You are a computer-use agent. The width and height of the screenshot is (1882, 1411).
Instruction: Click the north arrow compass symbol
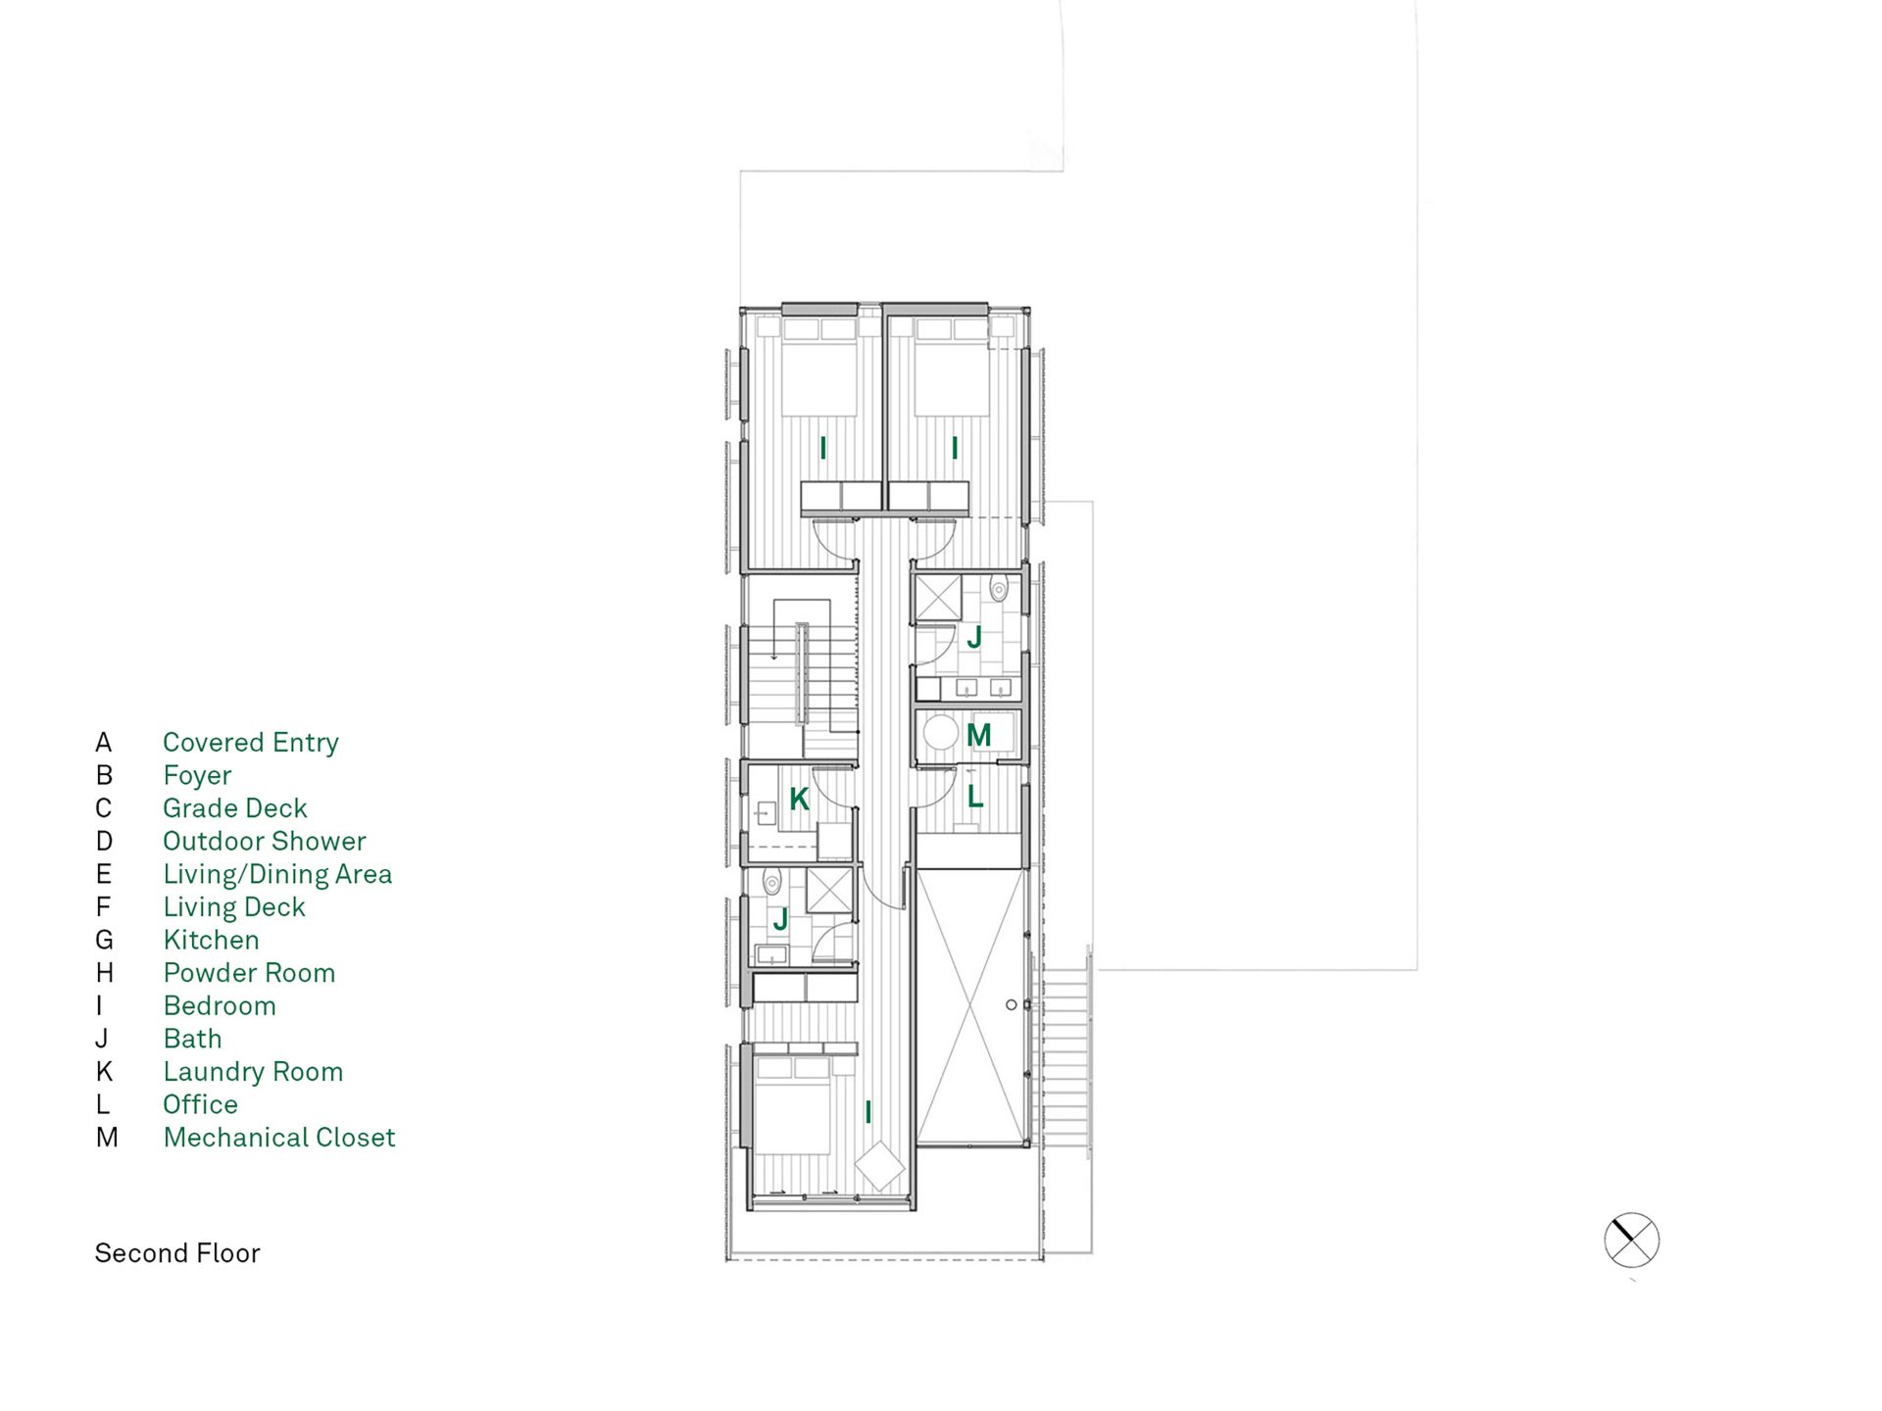click(x=1631, y=1241)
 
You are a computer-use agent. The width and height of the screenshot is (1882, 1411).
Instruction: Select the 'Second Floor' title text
click(x=177, y=1253)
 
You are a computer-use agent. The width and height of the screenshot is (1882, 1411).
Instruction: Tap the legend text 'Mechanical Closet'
click(x=279, y=1138)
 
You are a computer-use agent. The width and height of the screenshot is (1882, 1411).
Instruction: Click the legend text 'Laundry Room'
click(x=253, y=1072)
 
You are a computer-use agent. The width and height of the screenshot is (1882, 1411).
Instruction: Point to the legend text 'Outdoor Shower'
click(x=265, y=841)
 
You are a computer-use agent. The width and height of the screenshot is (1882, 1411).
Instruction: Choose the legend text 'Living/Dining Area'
click(x=277, y=874)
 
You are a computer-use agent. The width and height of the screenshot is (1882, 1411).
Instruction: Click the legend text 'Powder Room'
click(x=249, y=973)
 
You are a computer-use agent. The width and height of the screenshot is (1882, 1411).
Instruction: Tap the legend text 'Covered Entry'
click(x=251, y=743)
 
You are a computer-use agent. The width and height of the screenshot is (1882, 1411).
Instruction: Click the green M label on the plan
click(x=978, y=735)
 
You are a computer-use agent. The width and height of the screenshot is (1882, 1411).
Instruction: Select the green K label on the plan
click(x=799, y=799)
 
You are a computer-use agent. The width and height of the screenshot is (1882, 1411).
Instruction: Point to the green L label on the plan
click(x=975, y=797)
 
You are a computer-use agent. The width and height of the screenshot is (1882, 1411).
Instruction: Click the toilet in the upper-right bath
click(x=999, y=588)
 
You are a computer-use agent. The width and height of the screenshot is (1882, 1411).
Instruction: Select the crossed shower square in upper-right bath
click(x=938, y=598)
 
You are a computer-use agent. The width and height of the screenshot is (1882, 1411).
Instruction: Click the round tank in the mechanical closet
click(x=940, y=733)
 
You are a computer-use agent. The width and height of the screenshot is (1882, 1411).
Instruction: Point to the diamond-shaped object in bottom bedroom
click(x=880, y=1166)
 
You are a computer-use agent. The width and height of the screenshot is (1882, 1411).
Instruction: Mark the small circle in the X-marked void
click(x=1011, y=1004)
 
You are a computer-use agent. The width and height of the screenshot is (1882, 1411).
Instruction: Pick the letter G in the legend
click(x=105, y=941)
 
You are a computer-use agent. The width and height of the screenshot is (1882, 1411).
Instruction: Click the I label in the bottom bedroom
click(x=867, y=1112)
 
